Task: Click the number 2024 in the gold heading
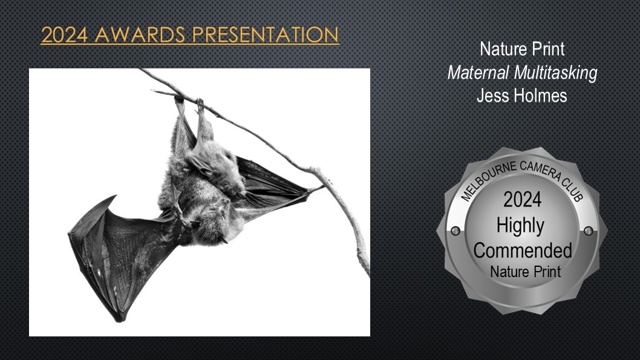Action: (64, 34)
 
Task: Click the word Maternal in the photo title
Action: (478, 73)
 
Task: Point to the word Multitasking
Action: (555, 73)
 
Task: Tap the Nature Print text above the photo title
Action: (522, 49)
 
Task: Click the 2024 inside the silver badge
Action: (523, 200)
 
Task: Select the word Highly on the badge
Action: (520, 226)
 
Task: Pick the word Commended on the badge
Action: (523, 250)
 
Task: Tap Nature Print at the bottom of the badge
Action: (526, 272)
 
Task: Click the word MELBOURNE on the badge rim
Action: (486, 181)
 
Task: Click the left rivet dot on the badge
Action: (456, 231)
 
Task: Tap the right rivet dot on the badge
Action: (589, 231)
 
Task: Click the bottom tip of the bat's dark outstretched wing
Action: (121, 321)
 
